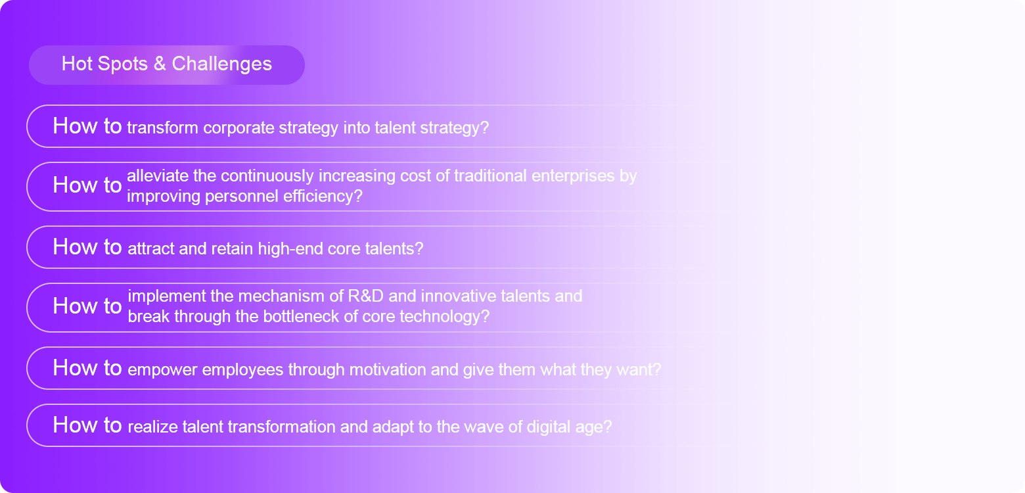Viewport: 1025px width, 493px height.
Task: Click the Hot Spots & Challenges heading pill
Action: click(x=166, y=64)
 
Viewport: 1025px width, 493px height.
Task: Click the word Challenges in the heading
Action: click(x=221, y=64)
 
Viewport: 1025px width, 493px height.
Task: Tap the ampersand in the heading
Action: click(x=160, y=64)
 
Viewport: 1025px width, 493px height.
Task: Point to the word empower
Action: click(x=162, y=370)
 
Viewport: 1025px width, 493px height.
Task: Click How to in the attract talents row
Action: click(x=87, y=247)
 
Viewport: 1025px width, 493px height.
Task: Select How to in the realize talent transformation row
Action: click(x=87, y=425)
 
